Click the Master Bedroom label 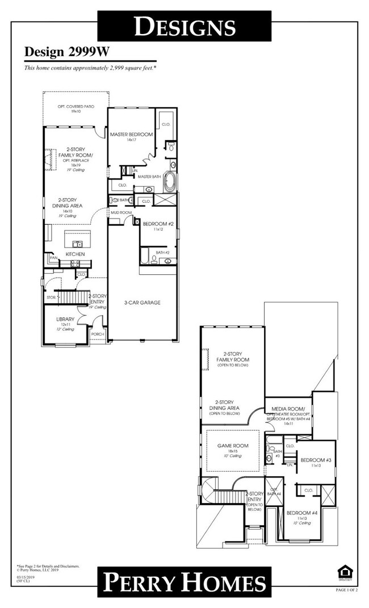132,134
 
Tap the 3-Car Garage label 142,303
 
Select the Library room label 65,319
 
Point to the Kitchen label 75,254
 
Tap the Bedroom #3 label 312,459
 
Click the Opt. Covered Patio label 76,107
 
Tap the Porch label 98,334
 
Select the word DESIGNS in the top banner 184,26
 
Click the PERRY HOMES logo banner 184,582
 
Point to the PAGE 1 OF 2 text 346,591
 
